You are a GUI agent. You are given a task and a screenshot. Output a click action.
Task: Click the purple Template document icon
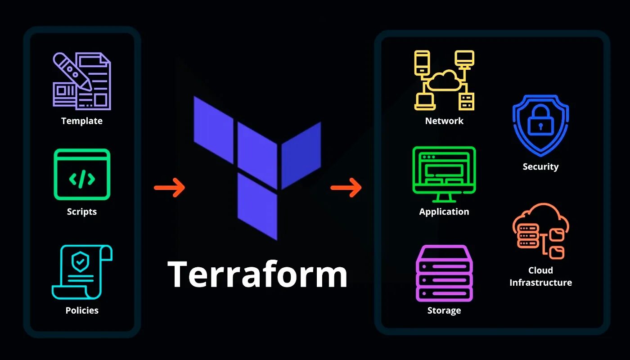[82, 81]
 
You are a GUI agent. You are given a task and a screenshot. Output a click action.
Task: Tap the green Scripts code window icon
[82, 174]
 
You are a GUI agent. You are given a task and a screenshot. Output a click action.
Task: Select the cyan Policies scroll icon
[82, 272]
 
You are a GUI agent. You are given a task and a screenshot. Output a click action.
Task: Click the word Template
[82, 121]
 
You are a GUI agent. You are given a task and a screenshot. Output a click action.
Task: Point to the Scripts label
[82, 211]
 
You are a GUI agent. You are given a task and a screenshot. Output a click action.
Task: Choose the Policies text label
[82, 310]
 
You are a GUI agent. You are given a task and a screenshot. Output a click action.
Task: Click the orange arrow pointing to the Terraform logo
[169, 187]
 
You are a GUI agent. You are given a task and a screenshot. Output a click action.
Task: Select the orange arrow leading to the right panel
[346, 187]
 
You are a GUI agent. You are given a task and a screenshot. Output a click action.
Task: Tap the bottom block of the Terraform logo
[257, 206]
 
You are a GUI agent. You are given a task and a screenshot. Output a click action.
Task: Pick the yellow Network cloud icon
[444, 80]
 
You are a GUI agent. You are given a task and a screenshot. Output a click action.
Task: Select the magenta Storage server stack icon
[444, 273]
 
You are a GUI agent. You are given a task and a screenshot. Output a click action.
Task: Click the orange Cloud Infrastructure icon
[540, 231]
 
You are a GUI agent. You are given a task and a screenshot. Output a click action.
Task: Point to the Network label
[444, 121]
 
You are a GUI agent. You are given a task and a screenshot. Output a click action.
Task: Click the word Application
[444, 211]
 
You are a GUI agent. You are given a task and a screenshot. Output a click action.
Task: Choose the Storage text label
[444, 310]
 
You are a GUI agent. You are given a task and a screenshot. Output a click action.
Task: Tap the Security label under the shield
[540, 166]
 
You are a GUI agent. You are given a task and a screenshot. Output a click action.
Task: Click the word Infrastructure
[540, 283]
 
